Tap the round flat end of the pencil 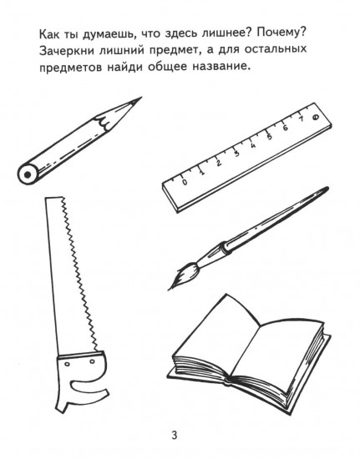tap(28, 175)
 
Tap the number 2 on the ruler tap(220, 163)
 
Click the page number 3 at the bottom tap(175, 434)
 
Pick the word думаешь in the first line tap(99, 35)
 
